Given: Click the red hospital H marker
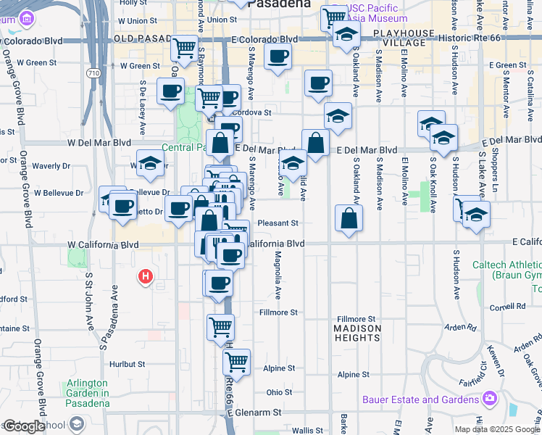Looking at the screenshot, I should (x=146, y=276).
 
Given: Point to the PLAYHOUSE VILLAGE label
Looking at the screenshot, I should (x=400, y=38).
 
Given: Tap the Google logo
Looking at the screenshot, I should (x=23, y=426).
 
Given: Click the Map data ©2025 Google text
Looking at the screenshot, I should (x=497, y=429).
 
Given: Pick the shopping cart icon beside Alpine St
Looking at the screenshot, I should (x=236, y=360).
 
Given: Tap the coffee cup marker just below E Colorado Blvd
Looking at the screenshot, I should (x=278, y=57).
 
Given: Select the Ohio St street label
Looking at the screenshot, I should (x=279, y=392).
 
